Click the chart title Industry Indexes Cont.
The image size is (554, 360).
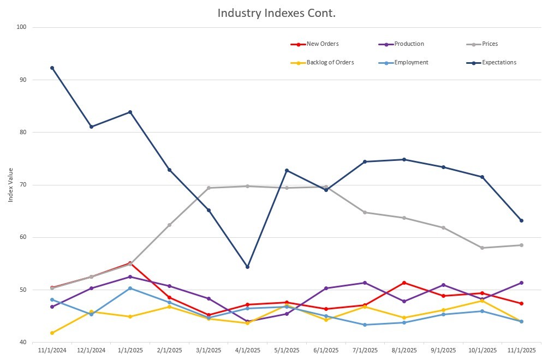click(x=276, y=13)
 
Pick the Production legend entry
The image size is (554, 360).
click(x=408, y=44)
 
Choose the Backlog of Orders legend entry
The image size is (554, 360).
click(x=330, y=63)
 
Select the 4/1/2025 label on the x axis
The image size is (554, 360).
click(x=247, y=349)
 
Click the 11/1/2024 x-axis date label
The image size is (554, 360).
click(x=51, y=349)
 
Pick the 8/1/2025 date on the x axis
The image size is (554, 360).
click(x=404, y=349)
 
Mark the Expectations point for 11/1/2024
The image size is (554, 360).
click(x=52, y=68)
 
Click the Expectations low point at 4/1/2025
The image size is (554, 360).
click(x=247, y=267)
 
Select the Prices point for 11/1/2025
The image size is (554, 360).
click(x=521, y=245)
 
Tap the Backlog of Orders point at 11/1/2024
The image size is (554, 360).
click(x=52, y=333)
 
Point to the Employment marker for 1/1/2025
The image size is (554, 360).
click(x=130, y=288)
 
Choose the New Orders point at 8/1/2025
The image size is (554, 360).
click(x=404, y=283)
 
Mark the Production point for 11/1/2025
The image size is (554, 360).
click(x=521, y=283)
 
